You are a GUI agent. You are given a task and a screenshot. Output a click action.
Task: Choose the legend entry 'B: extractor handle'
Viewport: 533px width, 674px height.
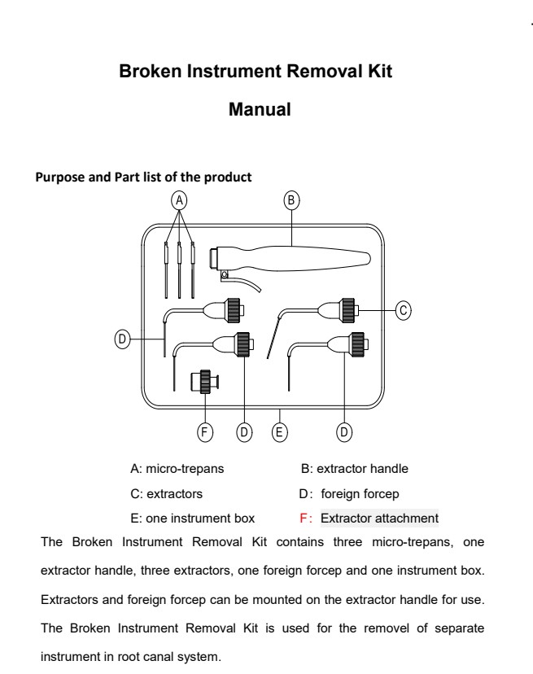(355, 469)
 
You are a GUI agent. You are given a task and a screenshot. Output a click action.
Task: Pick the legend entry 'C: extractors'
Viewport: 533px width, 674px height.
(167, 493)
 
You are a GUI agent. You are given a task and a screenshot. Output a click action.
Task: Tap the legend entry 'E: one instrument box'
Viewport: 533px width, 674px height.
(192, 518)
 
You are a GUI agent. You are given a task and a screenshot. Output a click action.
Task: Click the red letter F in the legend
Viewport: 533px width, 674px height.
(304, 518)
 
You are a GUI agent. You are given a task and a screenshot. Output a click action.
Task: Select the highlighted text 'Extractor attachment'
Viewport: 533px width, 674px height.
(379, 518)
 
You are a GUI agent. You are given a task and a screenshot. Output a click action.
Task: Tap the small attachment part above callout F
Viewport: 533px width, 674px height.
(205, 382)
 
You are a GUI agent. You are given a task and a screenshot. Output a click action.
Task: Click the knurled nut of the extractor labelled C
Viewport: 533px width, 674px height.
(348, 309)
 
